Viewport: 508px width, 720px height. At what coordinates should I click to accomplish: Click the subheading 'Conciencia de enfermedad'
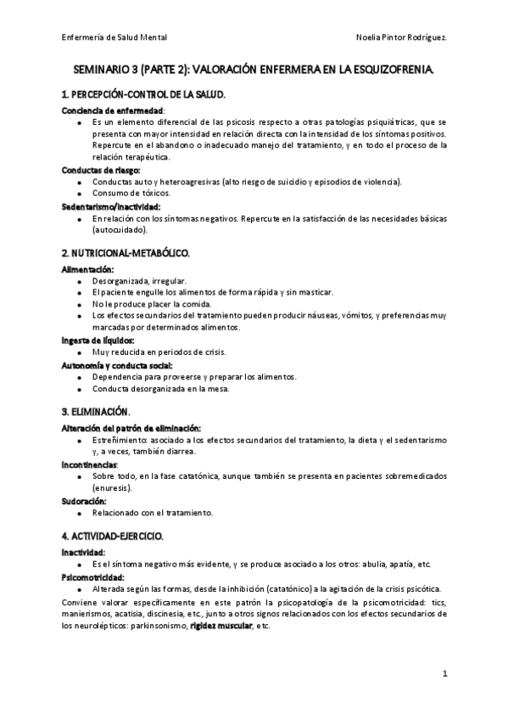(114, 110)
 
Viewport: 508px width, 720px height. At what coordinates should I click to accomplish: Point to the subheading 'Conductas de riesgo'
(102, 170)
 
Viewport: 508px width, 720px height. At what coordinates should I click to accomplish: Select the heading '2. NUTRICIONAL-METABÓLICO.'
(126, 254)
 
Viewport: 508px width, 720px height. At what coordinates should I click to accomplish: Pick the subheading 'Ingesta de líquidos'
(98, 340)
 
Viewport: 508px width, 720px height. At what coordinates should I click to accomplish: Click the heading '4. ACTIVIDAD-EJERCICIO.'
(118, 537)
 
